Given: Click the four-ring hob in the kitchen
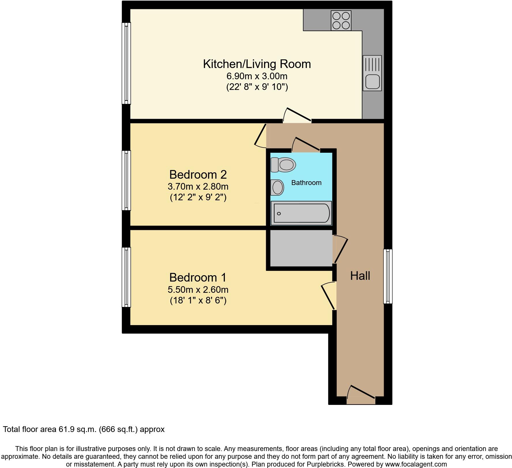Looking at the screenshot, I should coord(341,20).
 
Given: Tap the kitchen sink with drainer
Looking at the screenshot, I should coord(372,73).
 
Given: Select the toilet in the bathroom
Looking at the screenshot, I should coord(283,165).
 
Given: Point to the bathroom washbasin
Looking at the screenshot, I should coord(277,187).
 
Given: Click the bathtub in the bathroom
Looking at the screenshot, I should coord(301,213).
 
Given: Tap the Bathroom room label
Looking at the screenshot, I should coord(306,183).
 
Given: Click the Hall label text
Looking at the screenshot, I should coord(360,276).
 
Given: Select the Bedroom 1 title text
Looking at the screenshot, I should coord(198,278).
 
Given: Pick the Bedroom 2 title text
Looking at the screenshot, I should coord(198,175).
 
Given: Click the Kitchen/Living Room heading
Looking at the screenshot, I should coord(257,64).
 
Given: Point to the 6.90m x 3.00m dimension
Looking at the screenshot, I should coord(257,76).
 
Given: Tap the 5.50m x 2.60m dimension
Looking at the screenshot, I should coord(198,290).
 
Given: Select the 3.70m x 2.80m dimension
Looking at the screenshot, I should coord(198,187).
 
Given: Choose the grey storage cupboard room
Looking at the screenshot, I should coord(301,250).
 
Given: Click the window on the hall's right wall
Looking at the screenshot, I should coord(388,276).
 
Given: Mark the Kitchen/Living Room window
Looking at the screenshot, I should coord(126,63).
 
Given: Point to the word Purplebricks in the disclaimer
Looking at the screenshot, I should coord(328,464).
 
